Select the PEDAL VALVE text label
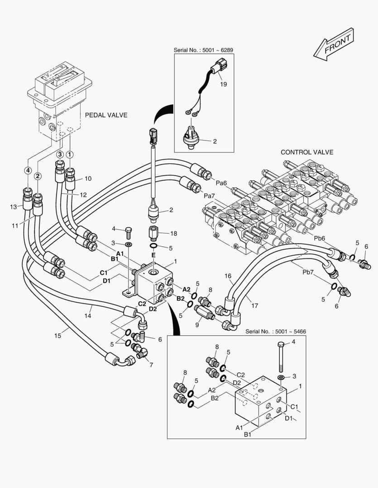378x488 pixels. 106,115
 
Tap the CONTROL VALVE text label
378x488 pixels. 306,152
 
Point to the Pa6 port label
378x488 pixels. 221,183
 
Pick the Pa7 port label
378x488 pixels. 209,196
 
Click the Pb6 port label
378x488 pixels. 320,238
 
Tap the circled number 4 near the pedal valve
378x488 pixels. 28,171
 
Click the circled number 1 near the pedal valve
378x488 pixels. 70,155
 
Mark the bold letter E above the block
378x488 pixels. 153,255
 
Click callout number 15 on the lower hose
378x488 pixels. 57,335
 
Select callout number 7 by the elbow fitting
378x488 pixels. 151,365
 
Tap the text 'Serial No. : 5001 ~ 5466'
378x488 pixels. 276,331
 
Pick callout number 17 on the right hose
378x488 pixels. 255,305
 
